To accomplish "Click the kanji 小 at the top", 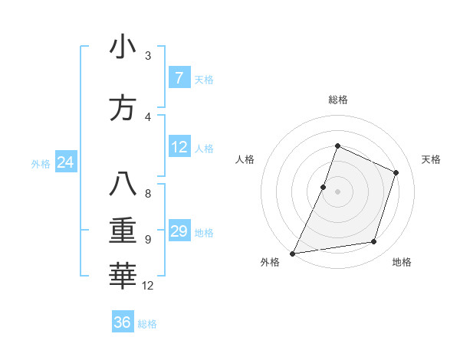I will (123, 47).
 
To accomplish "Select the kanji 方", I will (123, 108).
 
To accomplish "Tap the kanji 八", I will (123, 185).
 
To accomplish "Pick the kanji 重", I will (123, 231).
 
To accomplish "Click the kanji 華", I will (123, 277).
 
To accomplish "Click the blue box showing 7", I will (179, 78).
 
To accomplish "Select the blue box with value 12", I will (179, 147).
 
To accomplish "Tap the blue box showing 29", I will (179, 231).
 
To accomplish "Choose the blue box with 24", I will (66, 162).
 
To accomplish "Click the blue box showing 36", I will (123, 322).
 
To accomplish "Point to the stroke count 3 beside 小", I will (148, 56).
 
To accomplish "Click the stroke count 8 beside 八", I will (148, 194).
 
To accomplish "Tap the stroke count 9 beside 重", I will (148, 240).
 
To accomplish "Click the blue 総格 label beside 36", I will (147, 324).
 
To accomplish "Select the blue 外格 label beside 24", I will (41, 163).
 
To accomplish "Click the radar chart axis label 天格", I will (432, 159).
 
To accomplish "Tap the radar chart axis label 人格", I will (245, 159).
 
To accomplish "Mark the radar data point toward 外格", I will (292, 253).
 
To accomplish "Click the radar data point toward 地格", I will (374, 242).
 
